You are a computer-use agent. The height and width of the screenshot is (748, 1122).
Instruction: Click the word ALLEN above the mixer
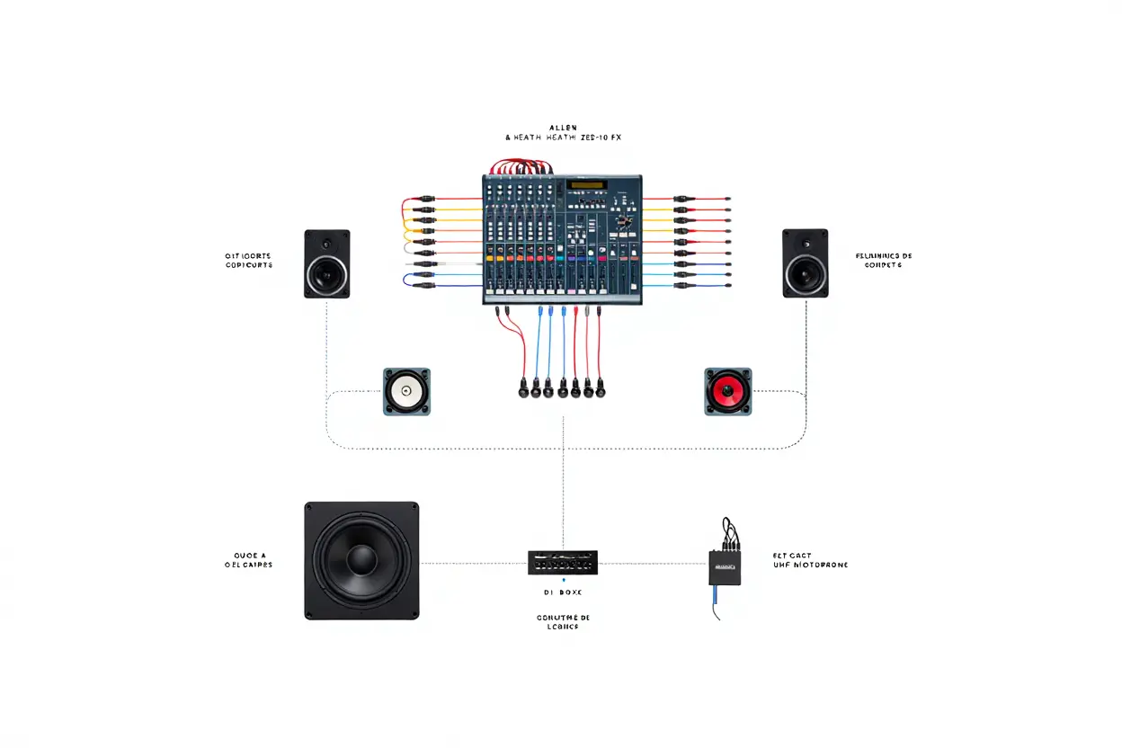(x=562, y=128)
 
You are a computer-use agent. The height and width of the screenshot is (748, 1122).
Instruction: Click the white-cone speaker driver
(x=407, y=391)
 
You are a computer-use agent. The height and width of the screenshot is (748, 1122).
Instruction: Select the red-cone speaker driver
(x=727, y=391)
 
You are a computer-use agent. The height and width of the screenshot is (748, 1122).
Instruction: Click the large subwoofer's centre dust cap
(x=361, y=560)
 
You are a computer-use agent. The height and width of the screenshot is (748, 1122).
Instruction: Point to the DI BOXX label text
(x=562, y=592)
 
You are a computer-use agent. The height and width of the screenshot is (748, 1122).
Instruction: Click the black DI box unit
(x=562, y=563)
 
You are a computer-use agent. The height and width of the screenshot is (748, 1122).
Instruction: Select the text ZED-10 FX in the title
(x=598, y=138)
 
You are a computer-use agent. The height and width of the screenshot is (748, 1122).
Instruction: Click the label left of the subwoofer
(x=248, y=560)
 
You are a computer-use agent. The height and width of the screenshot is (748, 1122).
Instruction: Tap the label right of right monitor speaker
(x=884, y=261)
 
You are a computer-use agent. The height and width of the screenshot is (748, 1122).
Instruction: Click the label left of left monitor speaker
(x=248, y=261)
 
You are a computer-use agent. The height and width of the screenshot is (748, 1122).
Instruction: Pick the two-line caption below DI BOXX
(x=562, y=621)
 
